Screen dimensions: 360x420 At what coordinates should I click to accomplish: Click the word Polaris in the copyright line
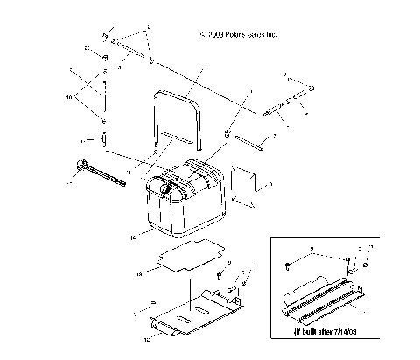pos(239,36)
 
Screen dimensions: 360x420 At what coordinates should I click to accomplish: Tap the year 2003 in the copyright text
pos(216,36)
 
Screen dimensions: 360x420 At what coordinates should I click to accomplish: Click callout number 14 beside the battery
pos(132,236)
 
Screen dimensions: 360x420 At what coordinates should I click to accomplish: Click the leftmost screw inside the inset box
pos(289,264)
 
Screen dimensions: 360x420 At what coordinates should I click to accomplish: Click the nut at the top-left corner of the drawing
pos(104,37)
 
